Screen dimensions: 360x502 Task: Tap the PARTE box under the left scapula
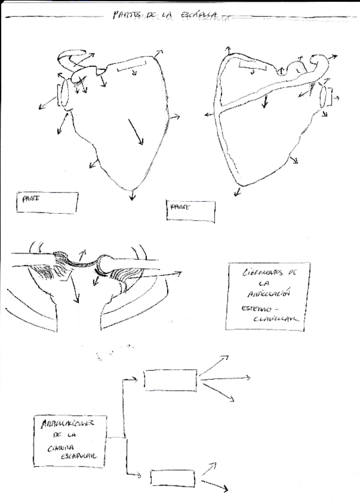(x=47, y=202)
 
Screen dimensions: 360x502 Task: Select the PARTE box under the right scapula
(x=191, y=210)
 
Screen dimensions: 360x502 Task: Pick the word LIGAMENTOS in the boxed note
(x=259, y=273)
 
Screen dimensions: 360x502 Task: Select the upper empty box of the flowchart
(x=171, y=380)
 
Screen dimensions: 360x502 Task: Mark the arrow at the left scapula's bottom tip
(x=133, y=194)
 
